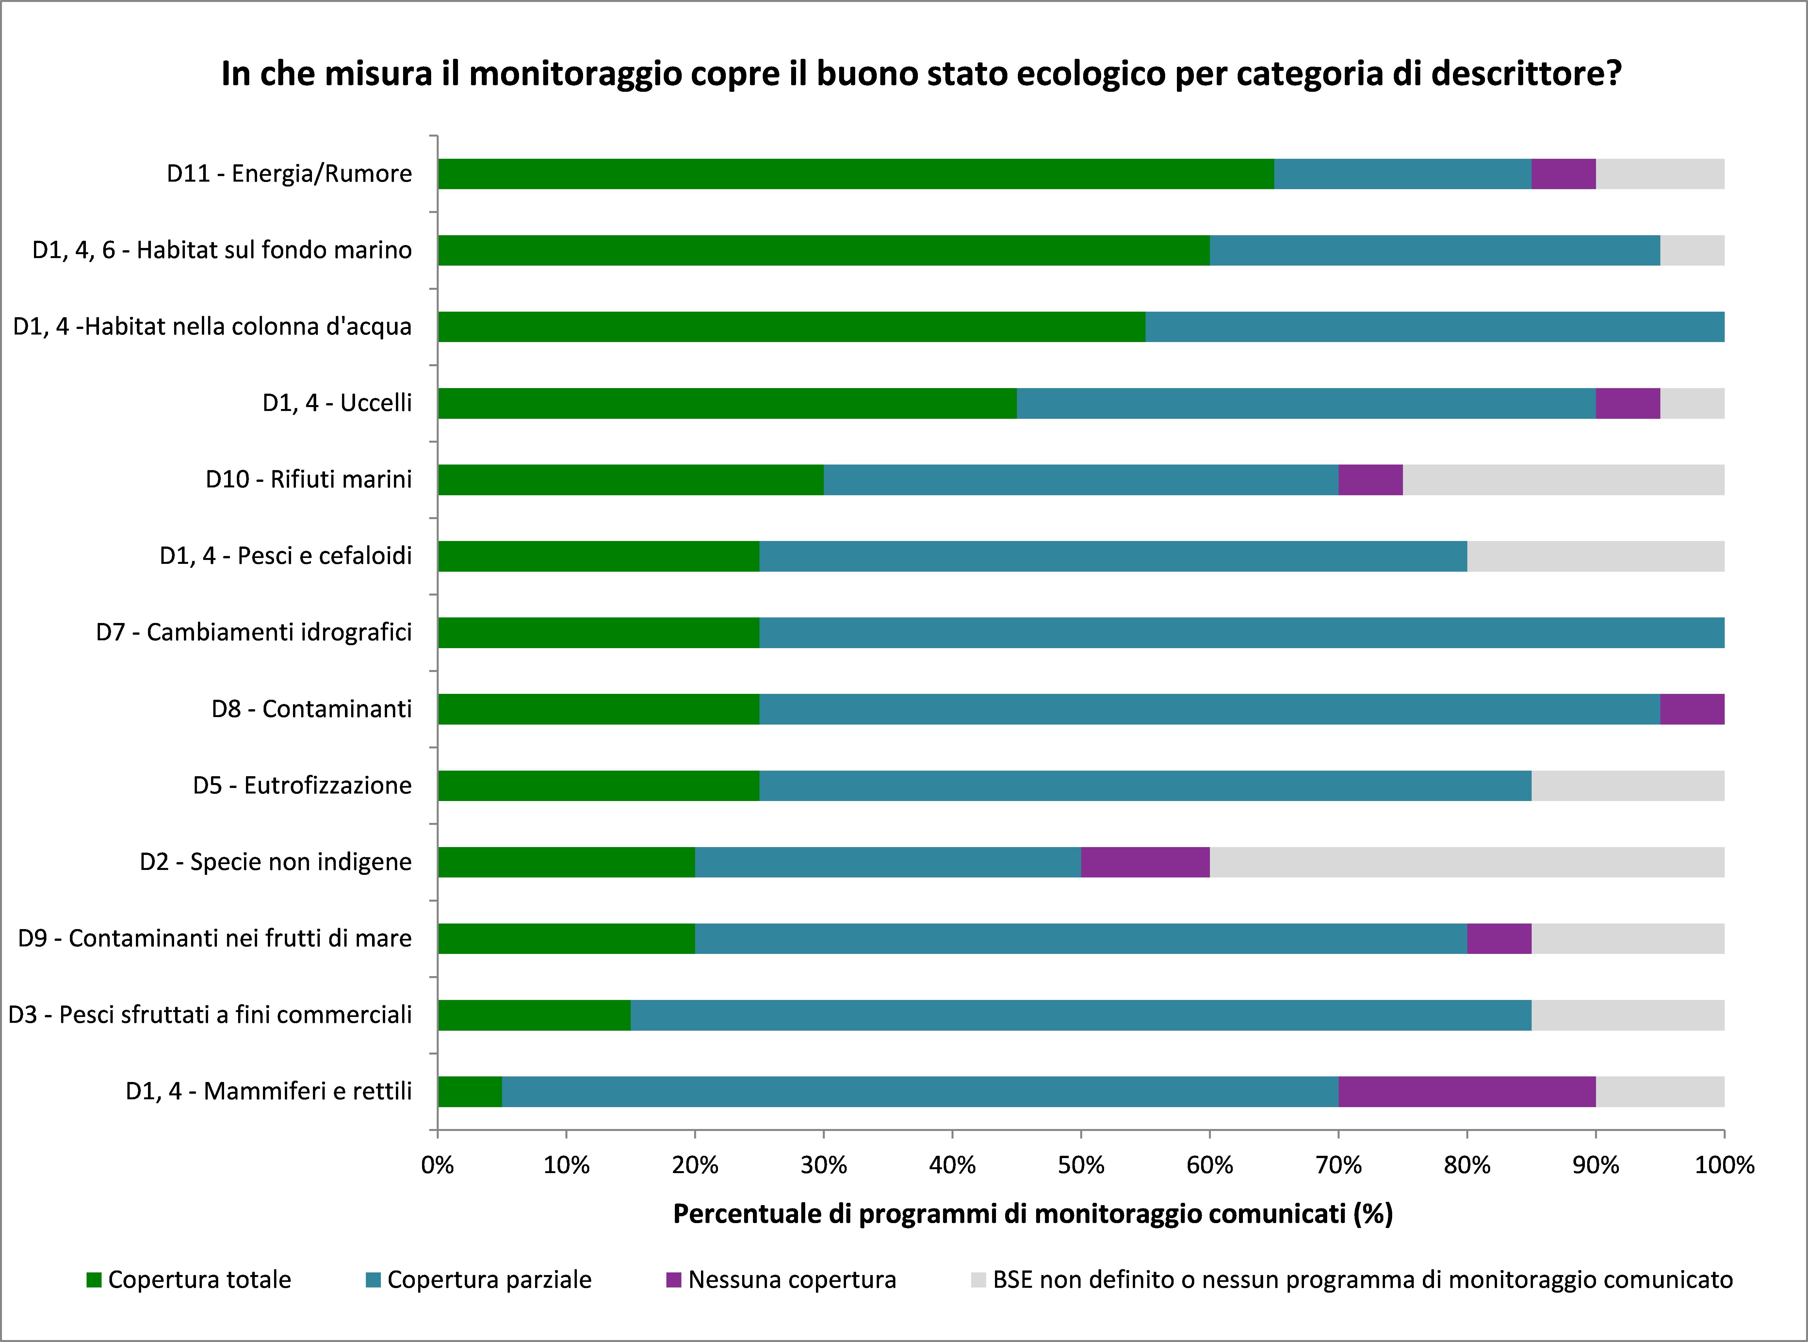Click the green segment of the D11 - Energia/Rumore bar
[x=855, y=174]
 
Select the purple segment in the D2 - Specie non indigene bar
[x=1145, y=862]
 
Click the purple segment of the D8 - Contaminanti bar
[x=1692, y=709]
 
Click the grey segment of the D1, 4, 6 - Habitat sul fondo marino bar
[x=1692, y=250]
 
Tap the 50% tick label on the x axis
[x=1081, y=1166]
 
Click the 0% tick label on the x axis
[x=438, y=1166]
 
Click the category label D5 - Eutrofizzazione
[x=302, y=786]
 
